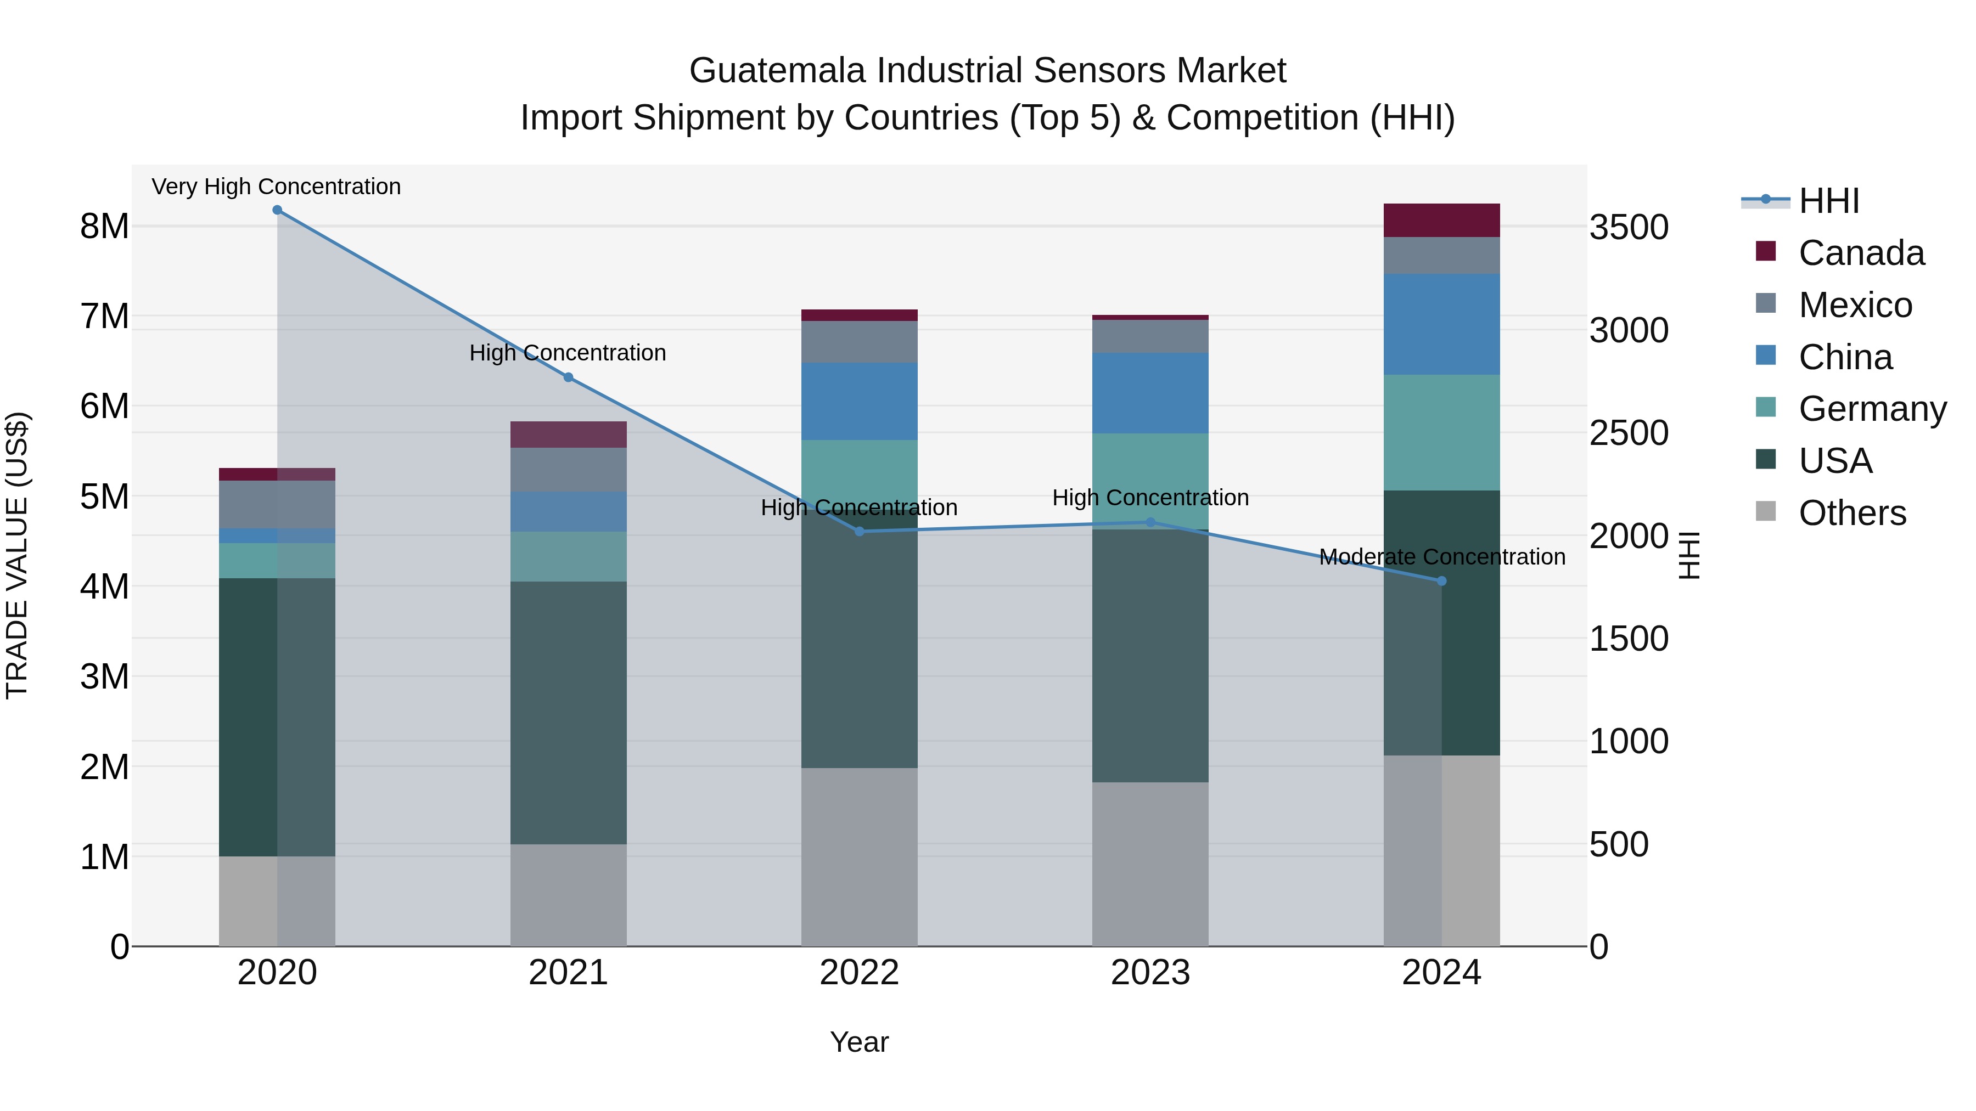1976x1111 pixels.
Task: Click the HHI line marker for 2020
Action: (277, 210)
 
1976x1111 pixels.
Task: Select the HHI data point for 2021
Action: (569, 377)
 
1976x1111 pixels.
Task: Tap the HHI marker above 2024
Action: (1441, 581)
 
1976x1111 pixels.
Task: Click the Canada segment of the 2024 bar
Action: (1441, 221)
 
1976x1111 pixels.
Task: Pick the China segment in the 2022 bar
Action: (859, 401)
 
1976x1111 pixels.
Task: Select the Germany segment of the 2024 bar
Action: (1441, 432)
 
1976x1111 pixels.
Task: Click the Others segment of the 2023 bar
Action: (1150, 864)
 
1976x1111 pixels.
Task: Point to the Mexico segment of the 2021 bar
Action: (569, 469)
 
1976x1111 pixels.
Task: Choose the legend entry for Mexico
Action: (1855, 305)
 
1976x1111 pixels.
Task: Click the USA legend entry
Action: (1835, 461)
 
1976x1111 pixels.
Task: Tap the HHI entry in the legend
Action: (1829, 201)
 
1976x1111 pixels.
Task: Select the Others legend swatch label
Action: (1852, 513)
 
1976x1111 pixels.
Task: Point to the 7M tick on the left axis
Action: (105, 317)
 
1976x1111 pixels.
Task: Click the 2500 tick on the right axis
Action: (1629, 433)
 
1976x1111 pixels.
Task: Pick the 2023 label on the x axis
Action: (1150, 973)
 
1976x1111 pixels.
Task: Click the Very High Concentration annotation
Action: (276, 187)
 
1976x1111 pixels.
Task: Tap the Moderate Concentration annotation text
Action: (1441, 557)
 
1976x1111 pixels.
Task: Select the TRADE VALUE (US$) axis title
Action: (17, 555)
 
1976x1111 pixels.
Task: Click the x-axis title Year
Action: (859, 1042)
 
